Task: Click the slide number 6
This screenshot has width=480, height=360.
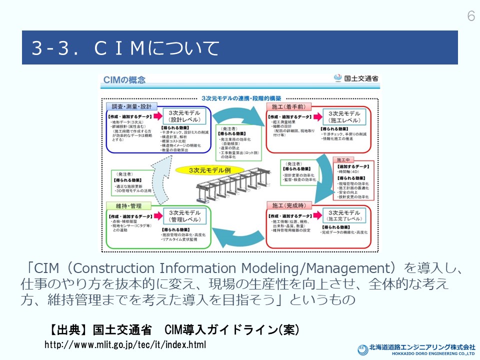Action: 470,16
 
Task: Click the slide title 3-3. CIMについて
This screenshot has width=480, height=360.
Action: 125,48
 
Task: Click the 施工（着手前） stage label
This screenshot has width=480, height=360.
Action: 288,106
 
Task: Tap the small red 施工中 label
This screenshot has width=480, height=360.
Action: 345,159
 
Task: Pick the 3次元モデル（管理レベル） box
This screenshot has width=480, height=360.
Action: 184,215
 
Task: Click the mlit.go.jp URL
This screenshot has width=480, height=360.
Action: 125,345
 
